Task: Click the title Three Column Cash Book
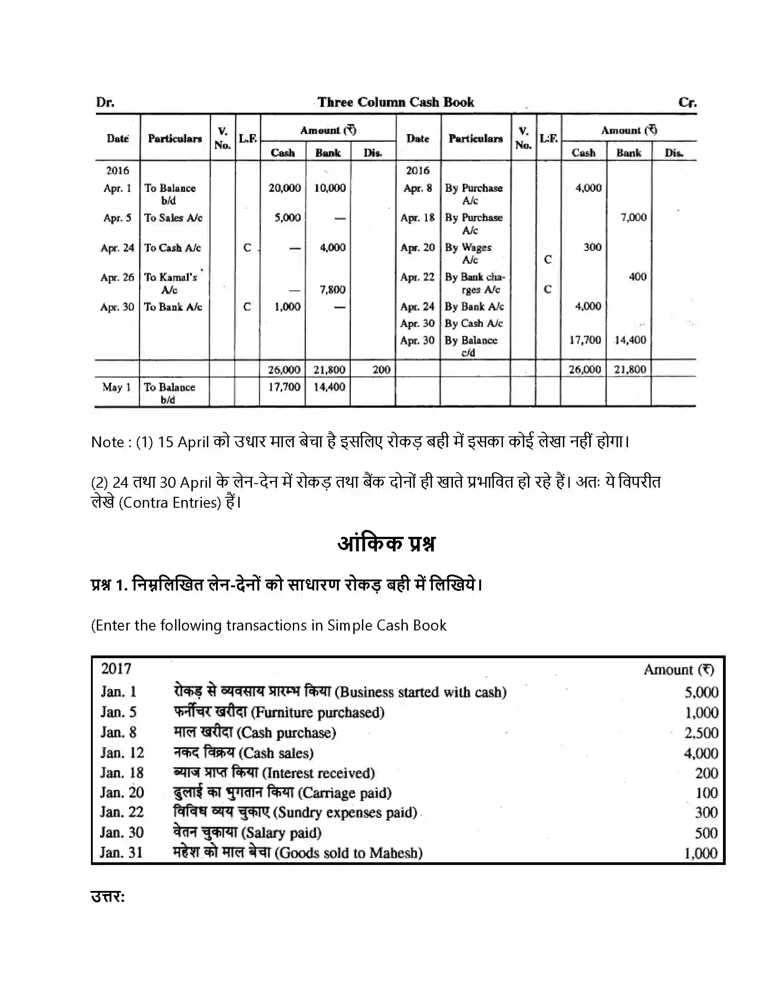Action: pyautogui.click(x=396, y=102)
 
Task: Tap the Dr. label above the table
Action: pyautogui.click(x=105, y=102)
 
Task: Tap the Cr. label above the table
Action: pyautogui.click(x=687, y=102)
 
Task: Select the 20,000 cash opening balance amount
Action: pyautogui.click(x=284, y=188)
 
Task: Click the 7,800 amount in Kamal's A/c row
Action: pyautogui.click(x=332, y=290)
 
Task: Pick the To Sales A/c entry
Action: pyautogui.click(x=173, y=218)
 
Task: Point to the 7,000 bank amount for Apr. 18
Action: pyautogui.click(x=633, y=217)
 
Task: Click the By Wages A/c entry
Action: pyautogui.click(x=468, y=253)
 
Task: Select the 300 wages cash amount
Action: pyautogui.click(x=592, y=247)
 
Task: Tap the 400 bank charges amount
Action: pyautogui.click(x=637, y=276)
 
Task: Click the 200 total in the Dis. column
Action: pyautogui.click(x=381, y=370)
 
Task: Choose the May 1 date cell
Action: pyautogui.click(x=116, y=387)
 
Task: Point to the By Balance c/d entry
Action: pyautogui.click(x=470, y=346)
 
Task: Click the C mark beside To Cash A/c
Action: pyautogui.click(x=247, y=248)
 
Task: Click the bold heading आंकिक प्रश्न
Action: pyautogui.click(x=386, y=544)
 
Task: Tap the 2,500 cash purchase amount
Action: pyautogui.click(x=701, y=733)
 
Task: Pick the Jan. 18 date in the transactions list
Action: pyautogui.click(x=122, y=773)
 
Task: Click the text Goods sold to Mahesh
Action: pyautogui.click(x=350, y=853)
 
